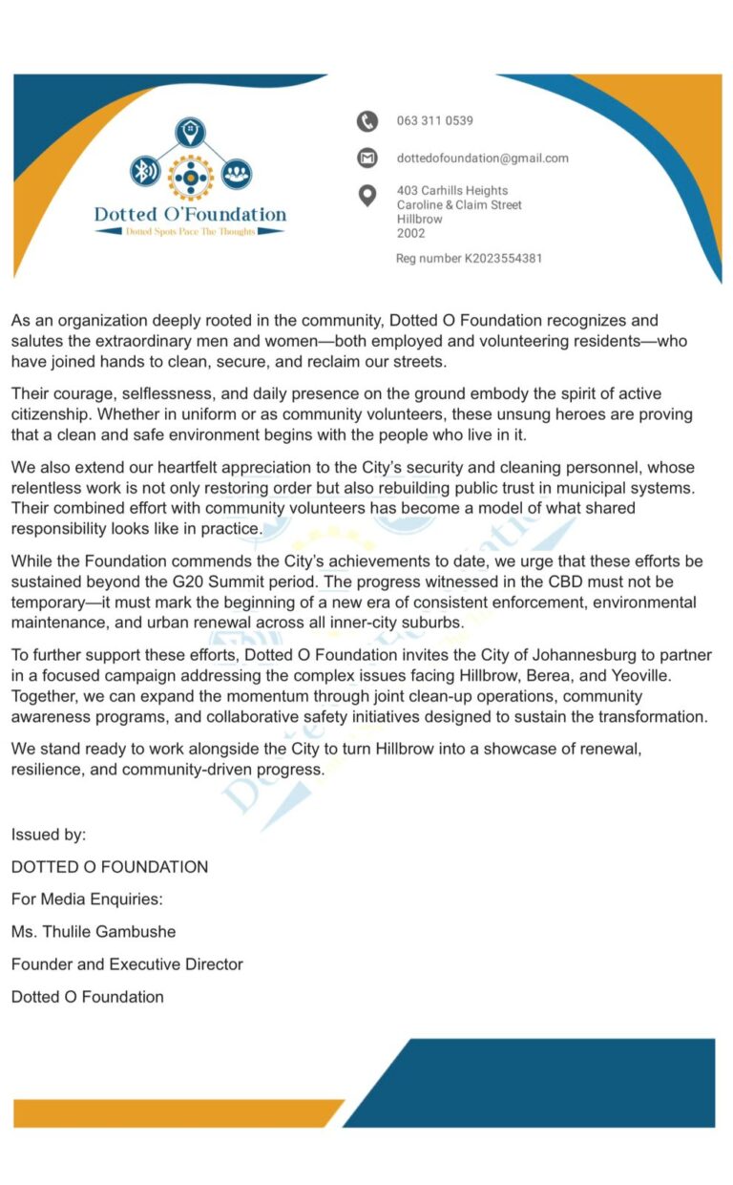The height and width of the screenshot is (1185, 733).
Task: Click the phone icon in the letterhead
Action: tap(367, 121)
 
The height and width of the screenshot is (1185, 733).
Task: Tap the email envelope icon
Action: tap(367, 158)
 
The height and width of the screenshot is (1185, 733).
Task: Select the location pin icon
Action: tap(367, 196)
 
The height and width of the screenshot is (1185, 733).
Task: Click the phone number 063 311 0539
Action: tap(434, 121)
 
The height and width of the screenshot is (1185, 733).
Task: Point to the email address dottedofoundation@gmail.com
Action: tap(482, 159)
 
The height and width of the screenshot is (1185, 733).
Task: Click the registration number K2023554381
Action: tap(503, 258)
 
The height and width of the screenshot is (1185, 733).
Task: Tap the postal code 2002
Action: tap(410, 233)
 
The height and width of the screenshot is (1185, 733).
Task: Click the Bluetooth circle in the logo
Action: tap(144, 173)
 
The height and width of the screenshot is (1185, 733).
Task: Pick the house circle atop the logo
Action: tap(190, 132)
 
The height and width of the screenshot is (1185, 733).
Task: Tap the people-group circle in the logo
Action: tap(236, 173)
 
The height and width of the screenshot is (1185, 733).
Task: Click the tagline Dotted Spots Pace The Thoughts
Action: tap(190, 232)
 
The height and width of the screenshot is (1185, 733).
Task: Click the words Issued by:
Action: tap(49, 835)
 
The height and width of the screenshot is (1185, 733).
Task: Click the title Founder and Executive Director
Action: tap(127, 964)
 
